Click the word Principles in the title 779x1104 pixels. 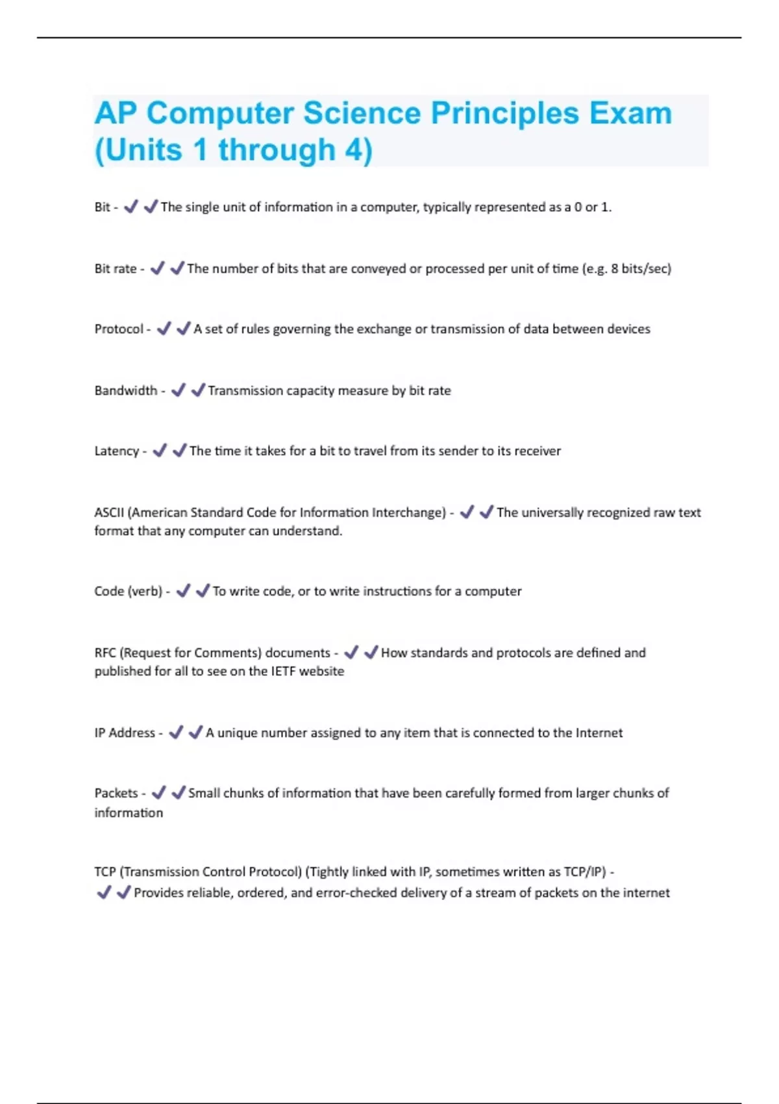pyautogui.click(x=504, y=114)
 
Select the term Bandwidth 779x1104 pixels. pyautogui.click(x=125, y=391)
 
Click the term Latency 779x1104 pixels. pyautogui.click(x=116, y=451)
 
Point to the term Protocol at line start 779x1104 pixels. pyautogui.click(x=119, y=329)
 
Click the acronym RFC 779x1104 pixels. pyautogui.click(x=105, y=653)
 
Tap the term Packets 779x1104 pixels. pyautogui.click(x=116, y=794)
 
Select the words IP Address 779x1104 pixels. pyautogui.click(x=125, y=733)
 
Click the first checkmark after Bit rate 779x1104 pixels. pyautogui.click(x=157, y=268)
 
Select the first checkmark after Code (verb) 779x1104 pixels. pyautogui.click(x=183, y=591)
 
